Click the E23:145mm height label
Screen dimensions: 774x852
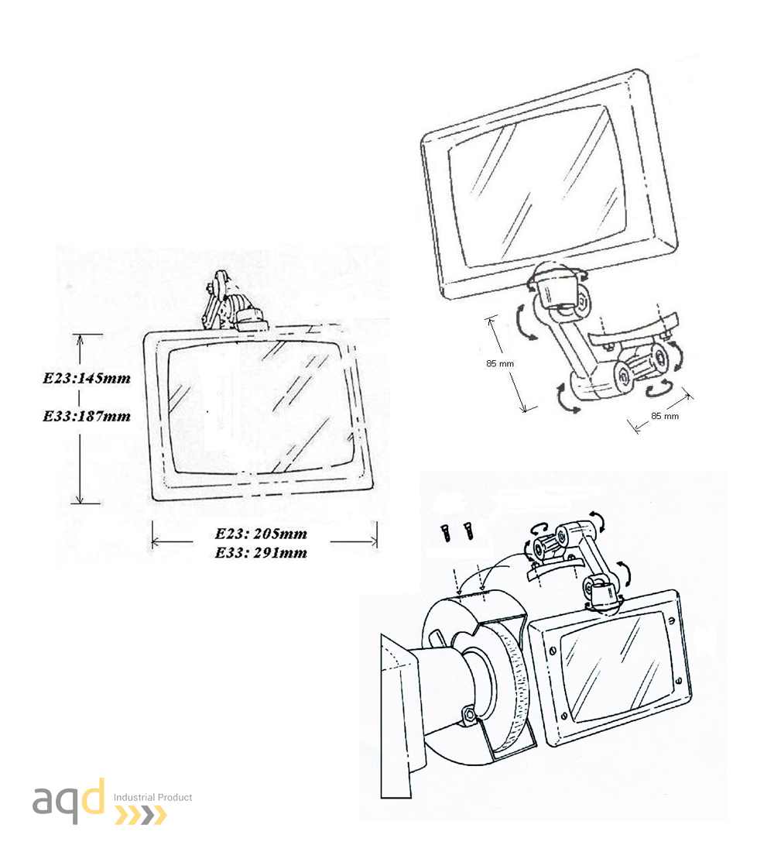(x=87, y=378)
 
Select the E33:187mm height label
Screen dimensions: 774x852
(x=87, y=416)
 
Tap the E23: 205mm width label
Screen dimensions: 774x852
(x=262, y=534)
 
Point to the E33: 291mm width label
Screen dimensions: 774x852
(x=262, y=553)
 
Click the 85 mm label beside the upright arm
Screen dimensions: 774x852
(x=500, y=363)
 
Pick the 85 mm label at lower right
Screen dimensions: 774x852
(x=665, y=416)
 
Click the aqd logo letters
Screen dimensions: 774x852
(x=69, y=800)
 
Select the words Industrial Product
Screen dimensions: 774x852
(x=152, y=797)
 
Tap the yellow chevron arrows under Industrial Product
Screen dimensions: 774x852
(x=141, y=816)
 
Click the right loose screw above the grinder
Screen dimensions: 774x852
(x=467, y=531)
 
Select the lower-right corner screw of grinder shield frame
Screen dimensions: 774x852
(x=678, y=681)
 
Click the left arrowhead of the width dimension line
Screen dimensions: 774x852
(x=156, y=541)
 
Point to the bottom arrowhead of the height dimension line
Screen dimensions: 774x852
(x=80, y=498)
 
